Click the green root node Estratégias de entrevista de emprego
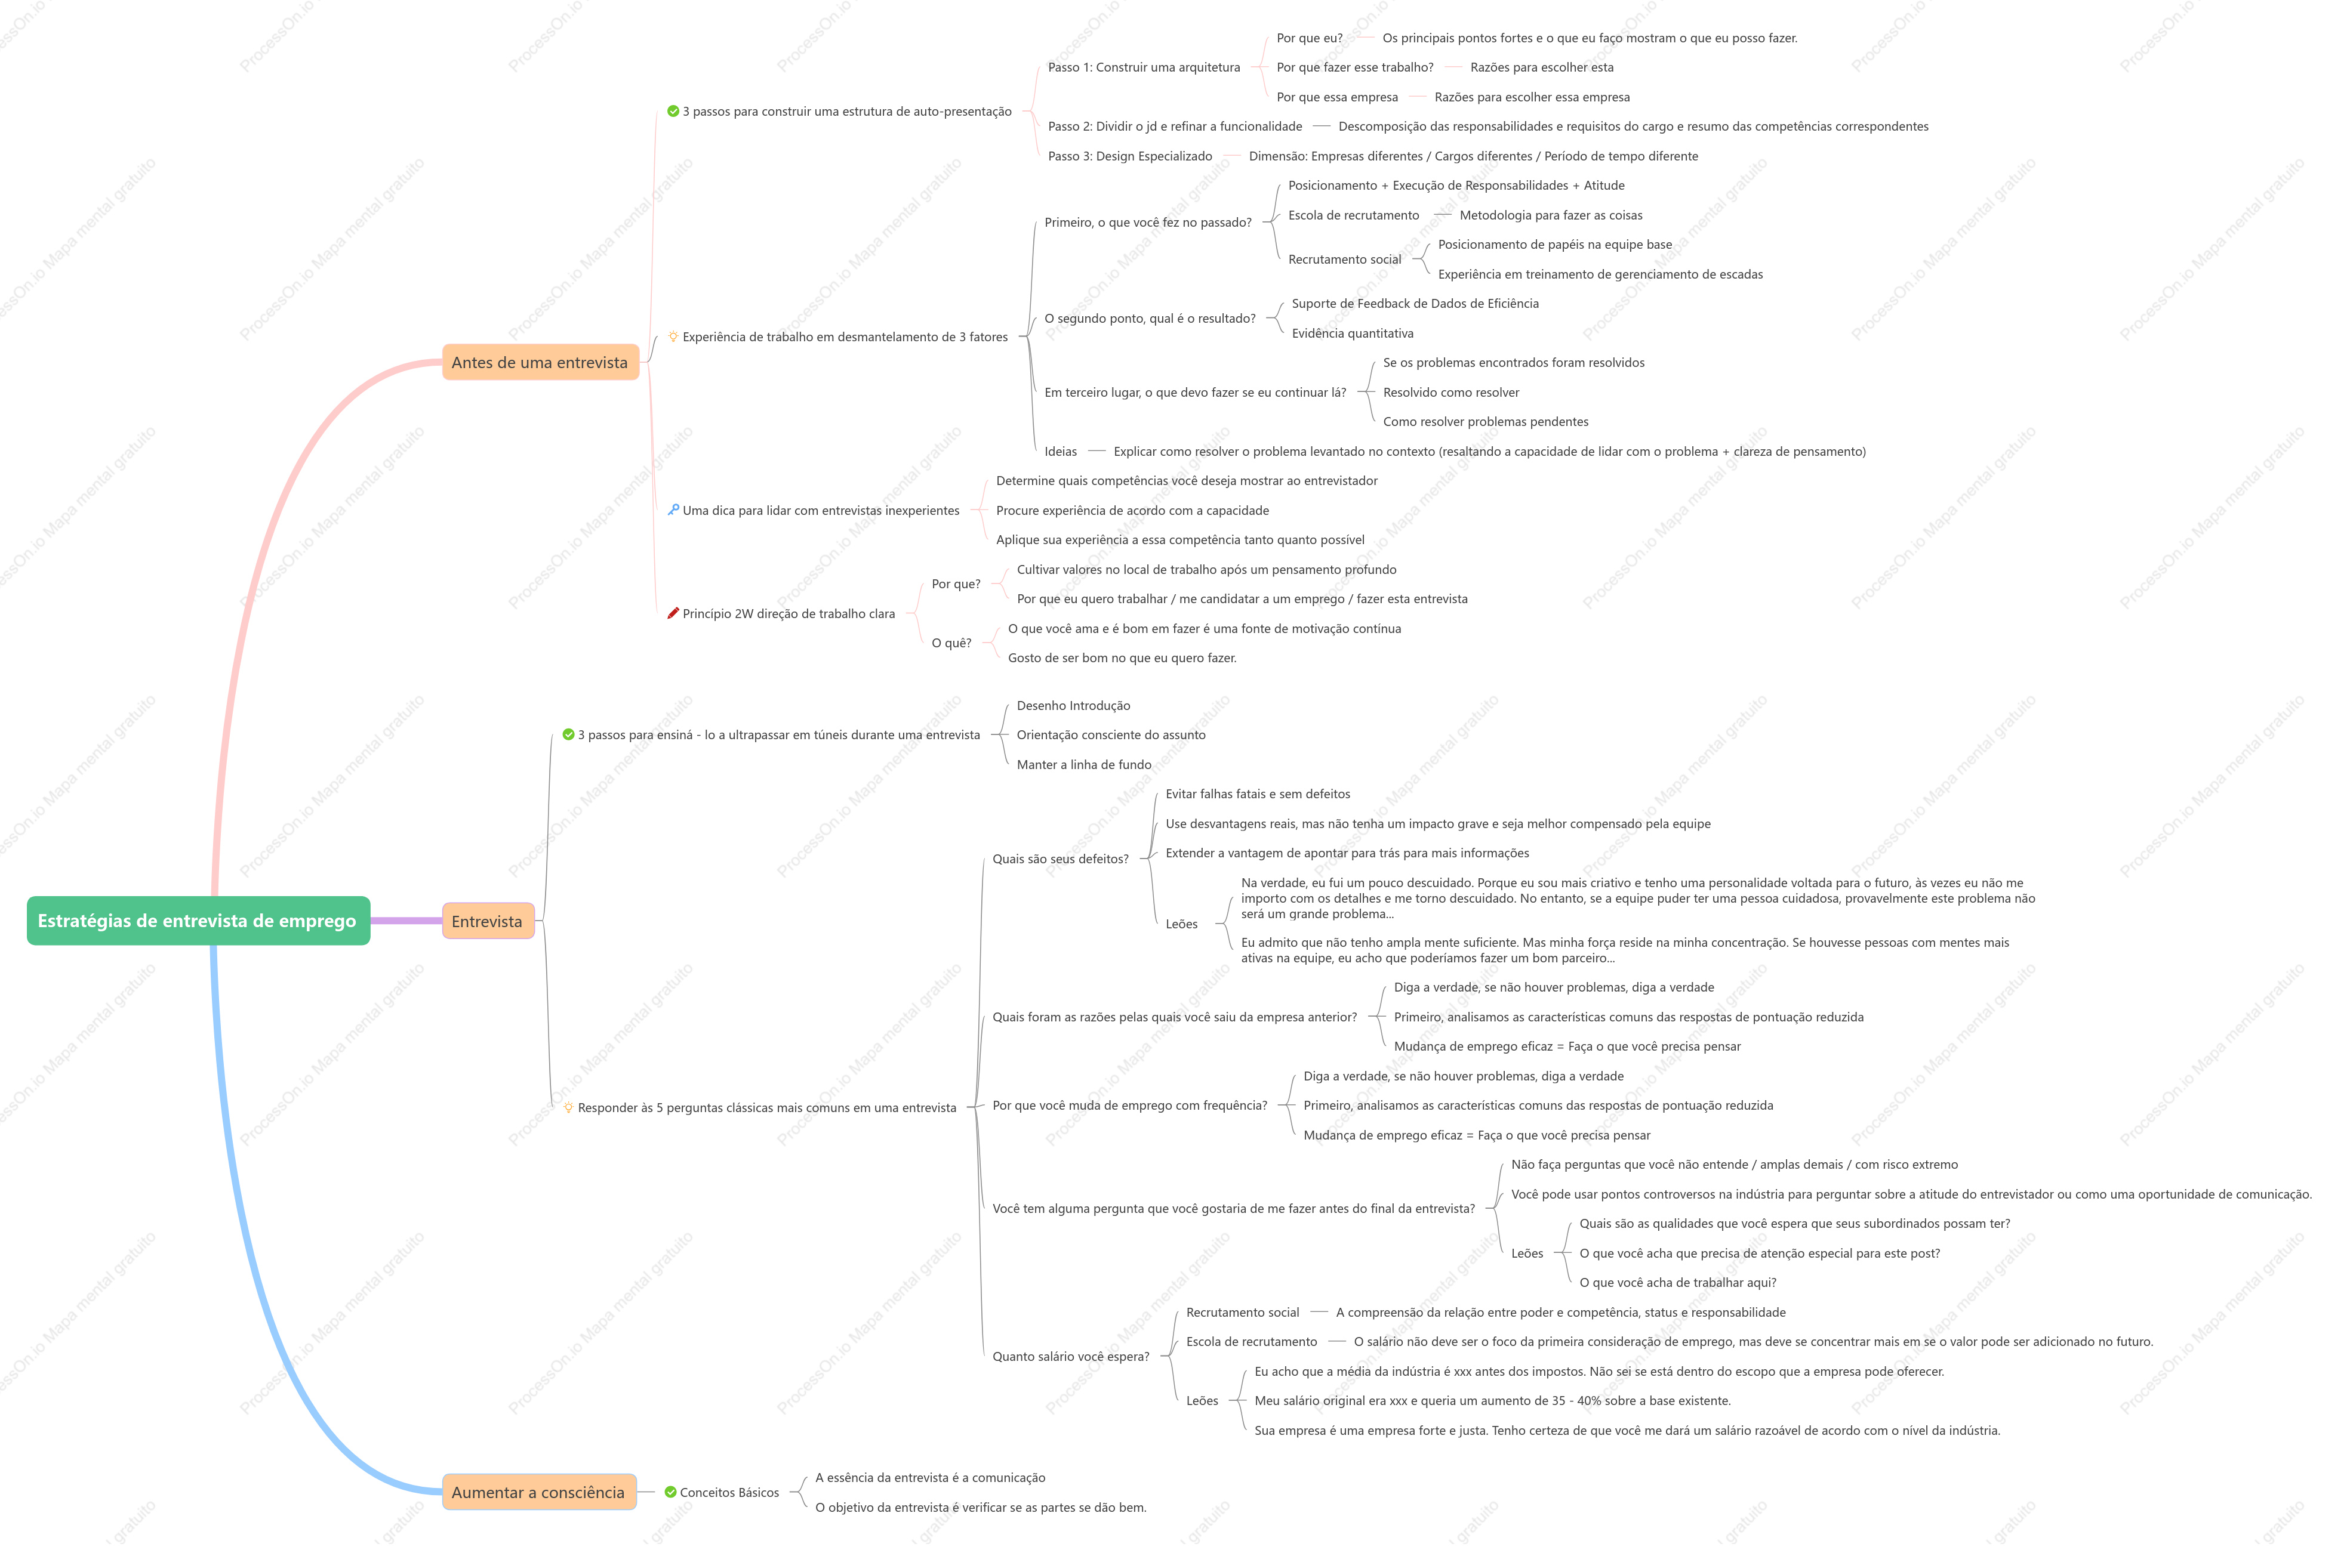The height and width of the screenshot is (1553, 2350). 198,921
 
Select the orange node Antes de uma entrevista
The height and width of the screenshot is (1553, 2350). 540,363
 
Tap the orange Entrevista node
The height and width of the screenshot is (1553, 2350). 488,921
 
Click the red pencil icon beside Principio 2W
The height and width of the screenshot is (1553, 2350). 674,613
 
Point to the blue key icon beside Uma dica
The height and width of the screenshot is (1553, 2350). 674,510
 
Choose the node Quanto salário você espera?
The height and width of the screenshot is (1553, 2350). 1071,1357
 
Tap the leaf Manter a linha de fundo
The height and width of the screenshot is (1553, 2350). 1084,765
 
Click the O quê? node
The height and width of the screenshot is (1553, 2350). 951,643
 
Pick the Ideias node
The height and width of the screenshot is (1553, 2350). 1060,452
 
